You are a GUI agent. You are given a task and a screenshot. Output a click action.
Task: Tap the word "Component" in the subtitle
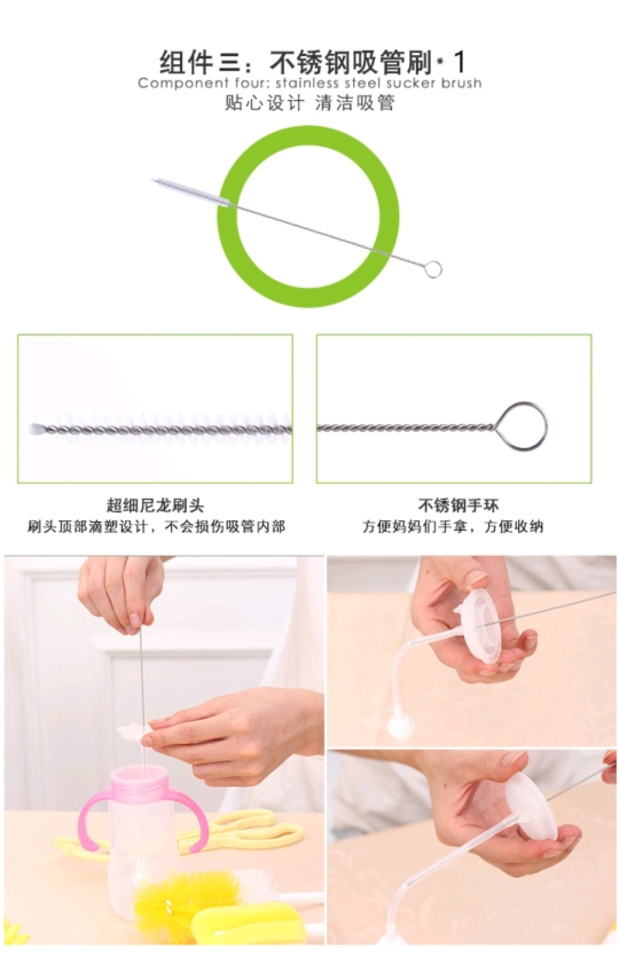coord(183,83)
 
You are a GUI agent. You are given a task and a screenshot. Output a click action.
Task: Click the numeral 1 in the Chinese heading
coord(460,62)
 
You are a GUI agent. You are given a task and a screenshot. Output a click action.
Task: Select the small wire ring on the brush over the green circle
coord(433,269)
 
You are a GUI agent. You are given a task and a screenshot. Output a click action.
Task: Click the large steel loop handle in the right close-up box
coord(522,426)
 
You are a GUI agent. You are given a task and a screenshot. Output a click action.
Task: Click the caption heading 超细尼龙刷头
coord(155,505)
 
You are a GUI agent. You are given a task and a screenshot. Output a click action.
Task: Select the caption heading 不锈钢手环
coord(458,505)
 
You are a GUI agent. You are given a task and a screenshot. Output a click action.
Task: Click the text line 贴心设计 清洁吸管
coord(309,103)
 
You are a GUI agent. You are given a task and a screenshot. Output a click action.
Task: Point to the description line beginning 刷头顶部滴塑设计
coord(156,527)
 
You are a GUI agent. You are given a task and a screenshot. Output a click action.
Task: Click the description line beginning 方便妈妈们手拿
coord(453,527)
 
